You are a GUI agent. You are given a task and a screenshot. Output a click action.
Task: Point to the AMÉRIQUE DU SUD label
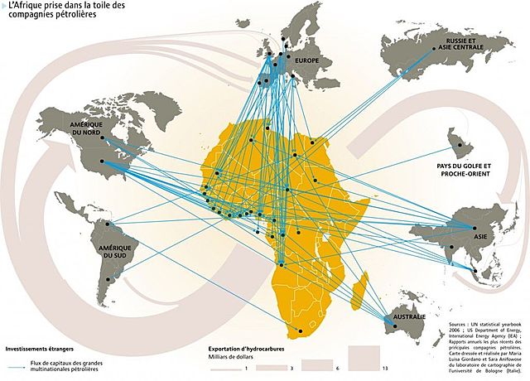tap(115, 252)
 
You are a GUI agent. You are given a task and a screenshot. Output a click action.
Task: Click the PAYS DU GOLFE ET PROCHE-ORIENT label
tap(464, 170)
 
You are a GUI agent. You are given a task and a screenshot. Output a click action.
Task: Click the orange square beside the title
tap(3, 7)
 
